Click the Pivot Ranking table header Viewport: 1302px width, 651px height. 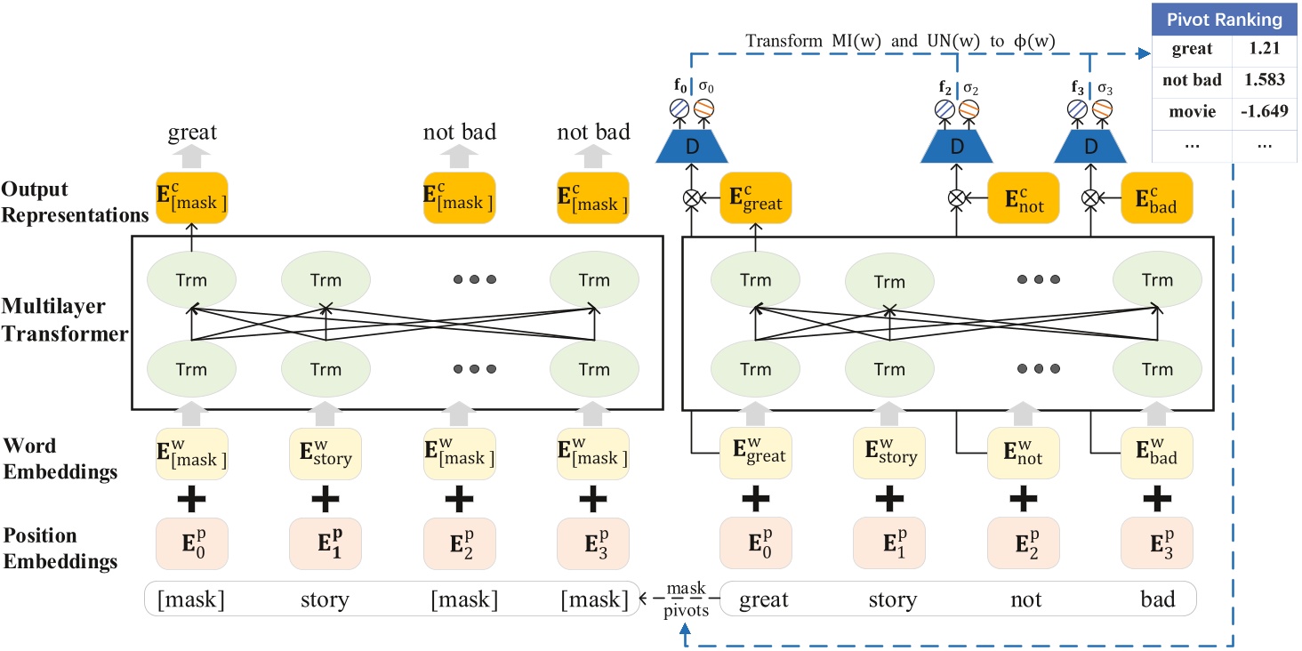(1226, 19)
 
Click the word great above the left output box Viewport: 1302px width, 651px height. (192, 133)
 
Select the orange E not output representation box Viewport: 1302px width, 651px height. (1023, 199)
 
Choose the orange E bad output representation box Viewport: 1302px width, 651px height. (1156, 199)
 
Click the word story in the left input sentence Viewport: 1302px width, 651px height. (325, 600)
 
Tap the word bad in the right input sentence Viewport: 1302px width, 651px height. (1156, 600)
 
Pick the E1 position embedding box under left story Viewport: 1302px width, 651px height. (325, 544)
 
